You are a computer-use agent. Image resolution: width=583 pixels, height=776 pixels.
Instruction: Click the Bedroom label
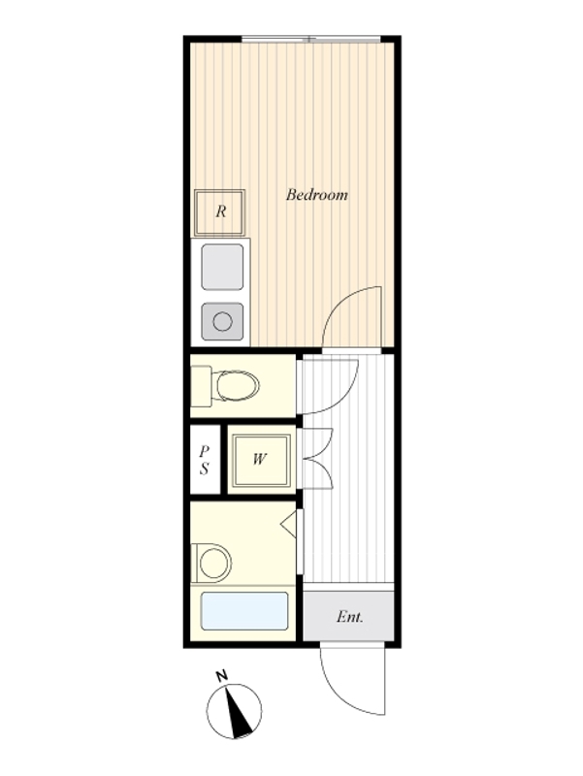click(317, 195)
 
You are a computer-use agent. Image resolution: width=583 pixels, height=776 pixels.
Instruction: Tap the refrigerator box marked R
click(220, 211)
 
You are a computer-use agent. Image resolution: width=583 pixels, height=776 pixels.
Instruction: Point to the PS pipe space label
click(205, 460)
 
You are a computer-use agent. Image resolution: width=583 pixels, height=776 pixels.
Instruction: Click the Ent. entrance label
click(350, 617)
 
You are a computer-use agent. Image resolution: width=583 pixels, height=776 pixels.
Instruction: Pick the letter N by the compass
click(222, 675)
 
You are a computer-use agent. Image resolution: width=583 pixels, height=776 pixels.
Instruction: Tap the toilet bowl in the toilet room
click(237, 385)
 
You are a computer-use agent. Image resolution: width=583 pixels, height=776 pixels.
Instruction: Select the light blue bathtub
click(244, 611)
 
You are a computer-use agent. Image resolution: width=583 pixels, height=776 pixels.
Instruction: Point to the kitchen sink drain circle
click(222, 322)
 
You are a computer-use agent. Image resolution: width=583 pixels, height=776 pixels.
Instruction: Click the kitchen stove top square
click(223, 267)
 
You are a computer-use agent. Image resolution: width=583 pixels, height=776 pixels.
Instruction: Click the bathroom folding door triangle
click(288, 524)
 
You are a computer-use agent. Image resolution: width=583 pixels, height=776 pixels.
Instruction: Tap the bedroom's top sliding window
click(310, 39)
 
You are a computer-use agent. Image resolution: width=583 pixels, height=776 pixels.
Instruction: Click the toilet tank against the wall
click(201, 386)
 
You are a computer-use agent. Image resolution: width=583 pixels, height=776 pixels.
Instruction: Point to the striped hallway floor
click(348, 469)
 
